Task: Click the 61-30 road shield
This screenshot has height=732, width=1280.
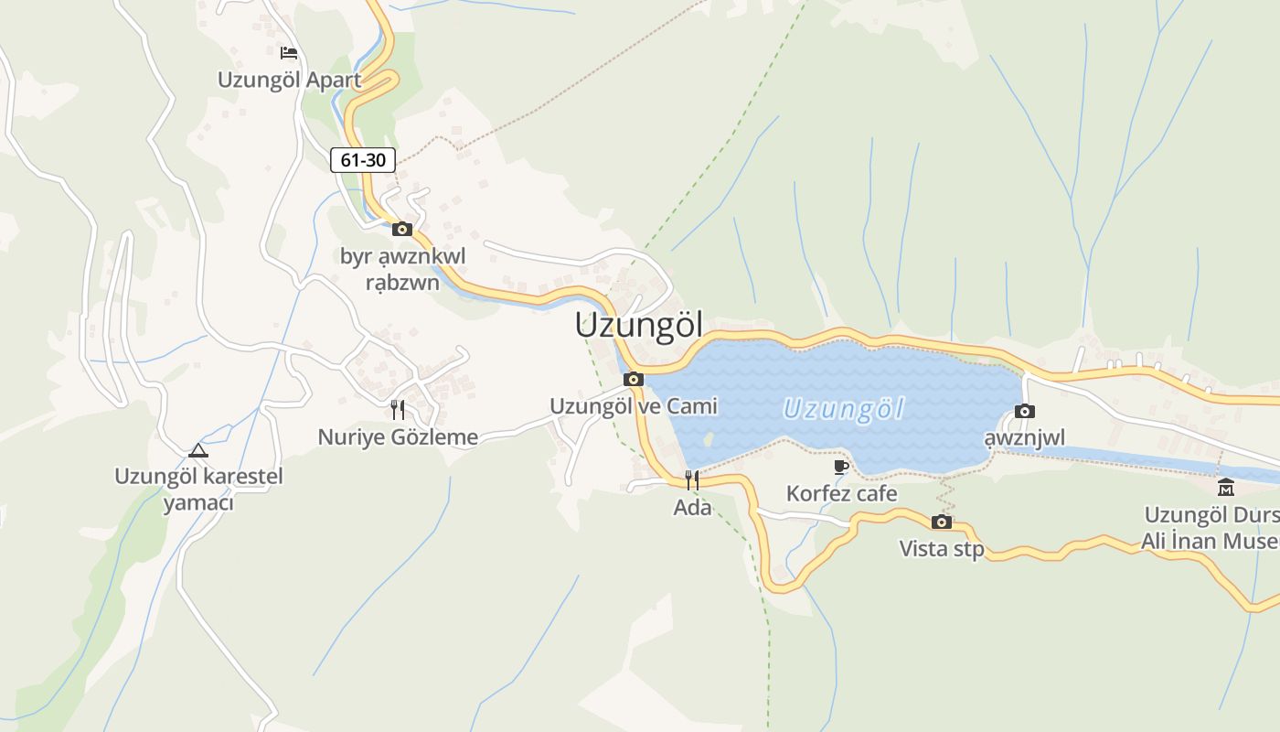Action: point(363,160)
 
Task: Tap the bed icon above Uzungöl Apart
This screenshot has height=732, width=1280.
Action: point(289,53)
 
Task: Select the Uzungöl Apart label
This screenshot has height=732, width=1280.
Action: point(289,80)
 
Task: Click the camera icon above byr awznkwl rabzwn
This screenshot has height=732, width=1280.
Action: point(402,229)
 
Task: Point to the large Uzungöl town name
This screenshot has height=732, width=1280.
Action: point(639,325)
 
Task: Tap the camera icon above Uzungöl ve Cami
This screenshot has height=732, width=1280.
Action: point(633,379)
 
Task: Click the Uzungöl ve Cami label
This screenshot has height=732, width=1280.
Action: point(634,405)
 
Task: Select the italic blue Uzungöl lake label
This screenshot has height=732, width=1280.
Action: point(843,408)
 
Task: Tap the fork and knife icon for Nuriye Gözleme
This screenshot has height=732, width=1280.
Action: point(398,409)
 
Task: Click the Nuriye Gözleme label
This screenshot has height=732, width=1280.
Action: point(398,436)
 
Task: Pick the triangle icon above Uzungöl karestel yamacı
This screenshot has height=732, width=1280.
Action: point(198,450)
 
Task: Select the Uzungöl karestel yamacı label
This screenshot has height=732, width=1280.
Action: point(198,490)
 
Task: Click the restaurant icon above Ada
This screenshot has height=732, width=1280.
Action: point(692,479)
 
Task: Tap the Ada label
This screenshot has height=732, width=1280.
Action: point(692,506)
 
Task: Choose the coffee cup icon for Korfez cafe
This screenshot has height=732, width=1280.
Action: point(842,467)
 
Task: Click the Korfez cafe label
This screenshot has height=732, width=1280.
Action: point(842,494)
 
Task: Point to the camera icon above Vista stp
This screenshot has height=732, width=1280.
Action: point(942,522)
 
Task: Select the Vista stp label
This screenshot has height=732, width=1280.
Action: point(942,548)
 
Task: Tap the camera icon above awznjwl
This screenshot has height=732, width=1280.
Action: point(1025,411)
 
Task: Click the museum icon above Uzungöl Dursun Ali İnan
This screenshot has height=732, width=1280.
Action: point(1226,487)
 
